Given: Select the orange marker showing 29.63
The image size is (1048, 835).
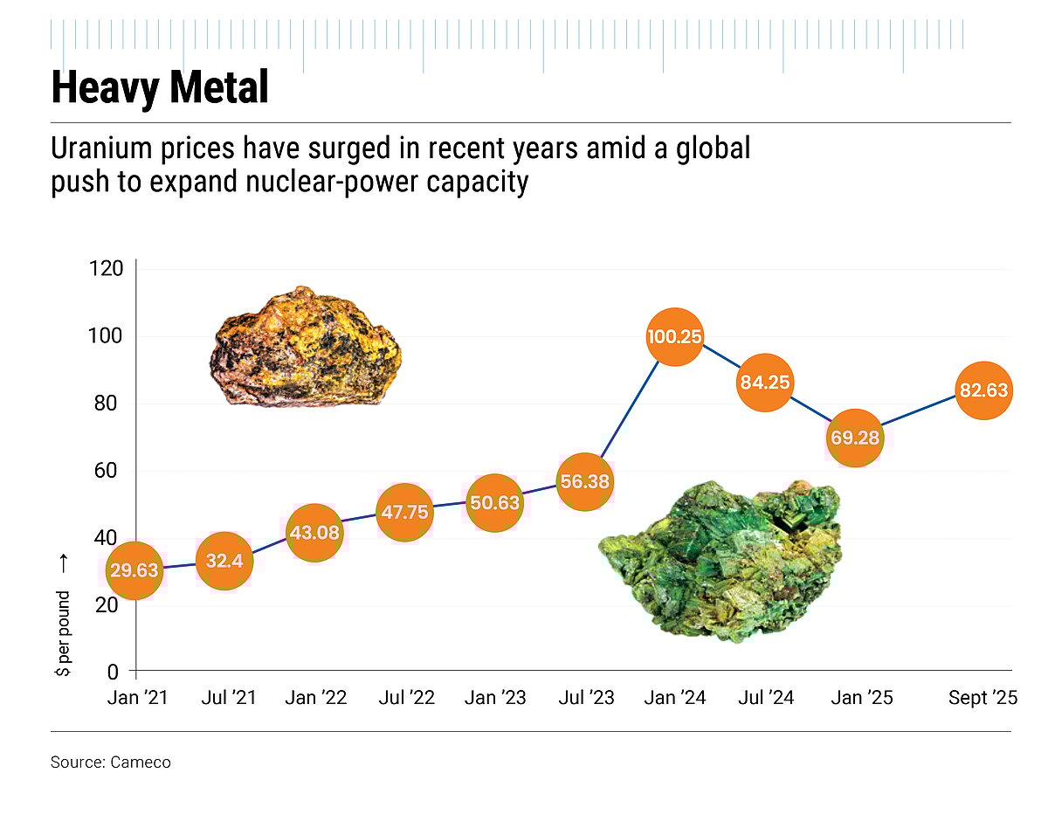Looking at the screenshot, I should coord(134,571).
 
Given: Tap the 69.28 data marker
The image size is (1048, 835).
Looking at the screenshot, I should coord(855,438).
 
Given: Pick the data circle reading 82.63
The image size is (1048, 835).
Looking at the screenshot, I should coord(984,390).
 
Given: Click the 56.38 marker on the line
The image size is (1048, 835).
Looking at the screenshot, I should coord(585,481).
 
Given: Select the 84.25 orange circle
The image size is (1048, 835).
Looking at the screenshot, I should coord(764,382).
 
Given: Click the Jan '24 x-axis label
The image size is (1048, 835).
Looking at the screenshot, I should coord(675,699).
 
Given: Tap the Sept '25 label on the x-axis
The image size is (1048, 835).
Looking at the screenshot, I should coord(982,699).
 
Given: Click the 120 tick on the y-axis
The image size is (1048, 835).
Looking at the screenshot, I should coord(106,269).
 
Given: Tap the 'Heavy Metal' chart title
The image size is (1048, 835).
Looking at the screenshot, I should coord(159,88).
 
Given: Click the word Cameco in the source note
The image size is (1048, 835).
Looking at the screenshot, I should coord(141,763).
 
